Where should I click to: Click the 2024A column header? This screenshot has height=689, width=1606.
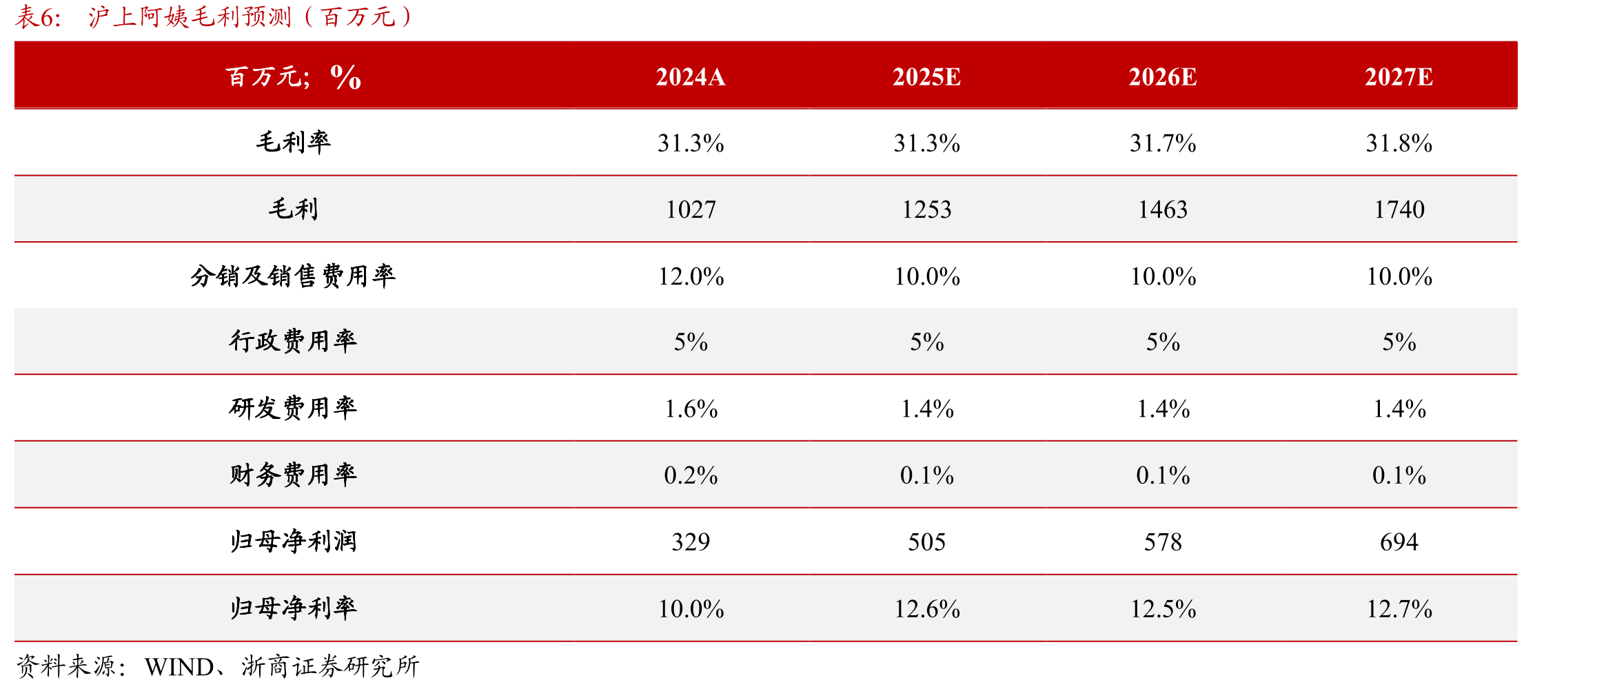coord(691,76)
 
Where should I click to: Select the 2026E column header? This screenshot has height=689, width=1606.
coord(1163,76)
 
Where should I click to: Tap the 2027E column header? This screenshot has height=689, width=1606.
coord(1399,76)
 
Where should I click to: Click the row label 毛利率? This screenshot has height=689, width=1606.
coord(294,142)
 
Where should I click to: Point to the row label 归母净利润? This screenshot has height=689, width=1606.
coord(294,541)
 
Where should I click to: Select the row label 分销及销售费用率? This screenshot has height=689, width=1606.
coord(294,276)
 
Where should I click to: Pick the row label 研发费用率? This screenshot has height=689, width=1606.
coord(294,408)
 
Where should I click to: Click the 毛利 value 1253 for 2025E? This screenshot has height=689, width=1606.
coord(927,209)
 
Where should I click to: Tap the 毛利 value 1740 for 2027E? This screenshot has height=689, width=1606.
coord(1399,209)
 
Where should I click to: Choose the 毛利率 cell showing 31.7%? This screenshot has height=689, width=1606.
coord(1163,143)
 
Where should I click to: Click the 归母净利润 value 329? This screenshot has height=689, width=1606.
coord(691,542)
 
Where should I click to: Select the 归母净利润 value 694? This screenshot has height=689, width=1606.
coord(1399,542)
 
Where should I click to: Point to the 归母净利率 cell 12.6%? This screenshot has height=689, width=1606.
coord(927,609)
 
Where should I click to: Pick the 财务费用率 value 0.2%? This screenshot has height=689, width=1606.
coord(691,475)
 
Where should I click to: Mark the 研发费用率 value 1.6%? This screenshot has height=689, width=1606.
coord(691,409)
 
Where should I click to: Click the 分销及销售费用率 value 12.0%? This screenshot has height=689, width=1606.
coord(691,276)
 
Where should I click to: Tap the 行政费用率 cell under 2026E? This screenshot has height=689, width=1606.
coord(1163,342)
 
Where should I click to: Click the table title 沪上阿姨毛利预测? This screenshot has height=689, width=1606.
coord(190,17)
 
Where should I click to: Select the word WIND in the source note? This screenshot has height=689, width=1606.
coord(179,667)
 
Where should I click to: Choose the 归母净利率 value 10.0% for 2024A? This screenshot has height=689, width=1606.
coord(691,609)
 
